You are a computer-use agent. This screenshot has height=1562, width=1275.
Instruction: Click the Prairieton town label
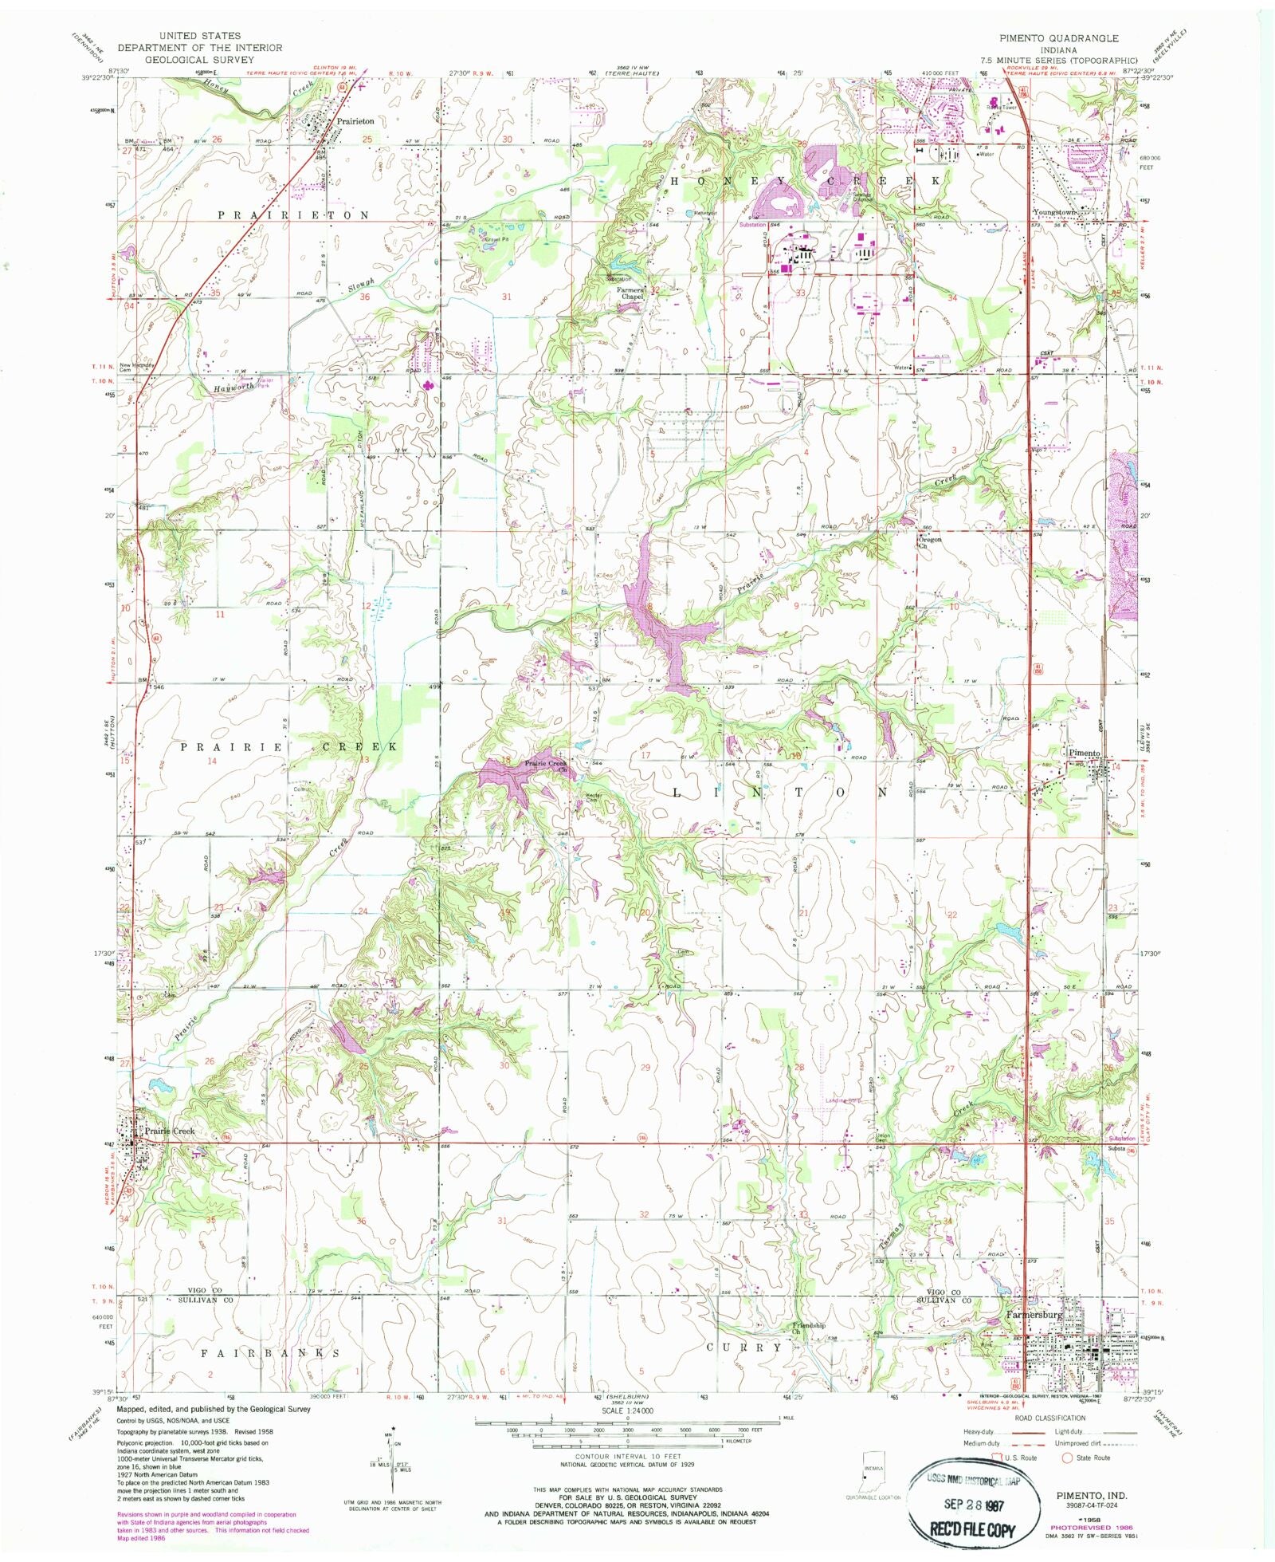355,121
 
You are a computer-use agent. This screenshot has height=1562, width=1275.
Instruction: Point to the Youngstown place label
1055,213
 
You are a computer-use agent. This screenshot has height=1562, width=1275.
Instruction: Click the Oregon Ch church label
931,543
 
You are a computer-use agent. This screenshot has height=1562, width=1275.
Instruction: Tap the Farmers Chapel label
632,294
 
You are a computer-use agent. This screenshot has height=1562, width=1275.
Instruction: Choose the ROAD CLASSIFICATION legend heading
1049,1418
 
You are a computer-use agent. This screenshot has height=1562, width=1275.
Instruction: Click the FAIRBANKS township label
269,1353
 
